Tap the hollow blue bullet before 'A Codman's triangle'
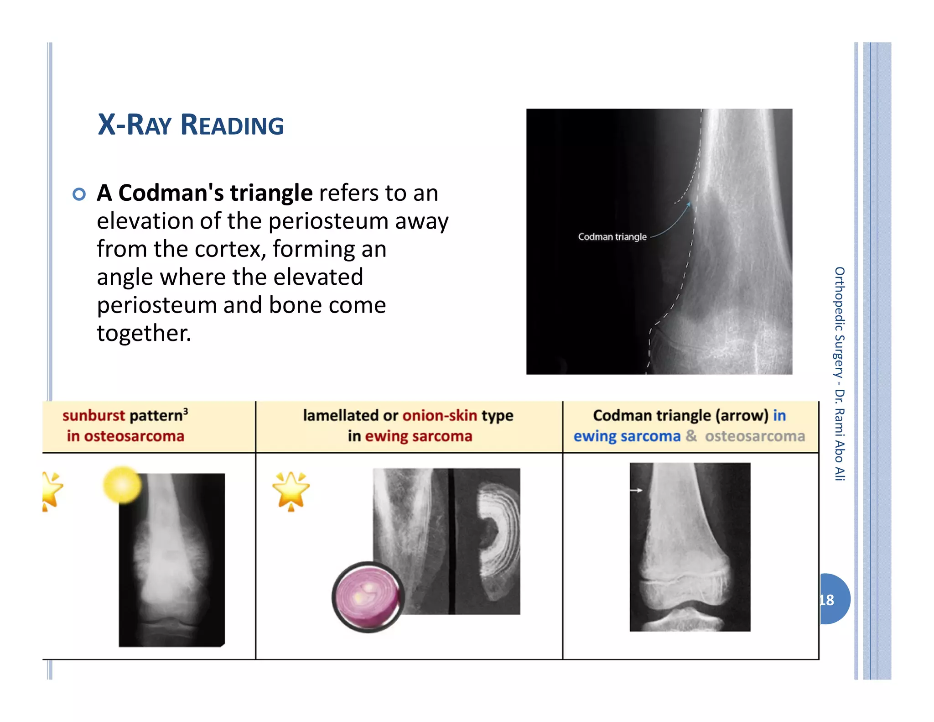[x=79, y=194]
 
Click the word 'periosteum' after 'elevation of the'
[x=328, y=221]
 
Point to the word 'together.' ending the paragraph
[x=144, y=333]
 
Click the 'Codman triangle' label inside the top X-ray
[x=612, y=237]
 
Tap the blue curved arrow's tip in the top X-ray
[x=689, y=204]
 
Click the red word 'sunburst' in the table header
[x=93, y=415]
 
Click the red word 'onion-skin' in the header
[x=439, y=415]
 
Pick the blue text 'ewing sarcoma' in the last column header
[x=627, y=436]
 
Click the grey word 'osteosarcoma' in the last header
[x=755, y=436]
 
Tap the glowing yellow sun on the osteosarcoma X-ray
[x=122, y=485]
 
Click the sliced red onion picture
[x=368, y=596]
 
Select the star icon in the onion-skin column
[x=291, y=491]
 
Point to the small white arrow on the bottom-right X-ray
[x=636, y=491]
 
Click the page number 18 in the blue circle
[x=827, y=600]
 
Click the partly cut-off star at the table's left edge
[x=51, y=491]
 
